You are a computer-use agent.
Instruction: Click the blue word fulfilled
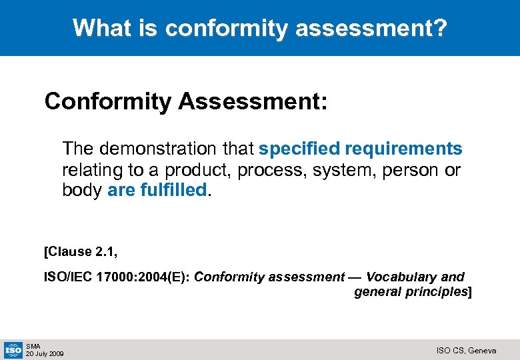pos(173,191)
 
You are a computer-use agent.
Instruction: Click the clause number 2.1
pos(105,251)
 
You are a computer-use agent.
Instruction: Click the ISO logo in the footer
pos(13,349)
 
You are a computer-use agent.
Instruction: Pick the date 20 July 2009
pos(45,353)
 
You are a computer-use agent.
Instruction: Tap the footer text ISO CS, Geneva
pos(466,350)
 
